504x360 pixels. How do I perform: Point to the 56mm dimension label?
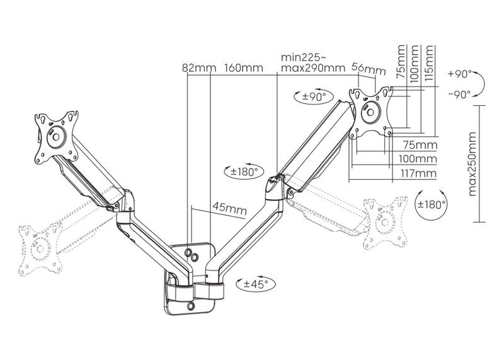click(x=369, y=67)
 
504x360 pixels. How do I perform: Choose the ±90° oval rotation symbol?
click(x=312, y=96)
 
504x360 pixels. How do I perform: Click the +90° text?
click(x=460, y=74)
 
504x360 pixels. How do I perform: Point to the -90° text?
click(x=460, y=95)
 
